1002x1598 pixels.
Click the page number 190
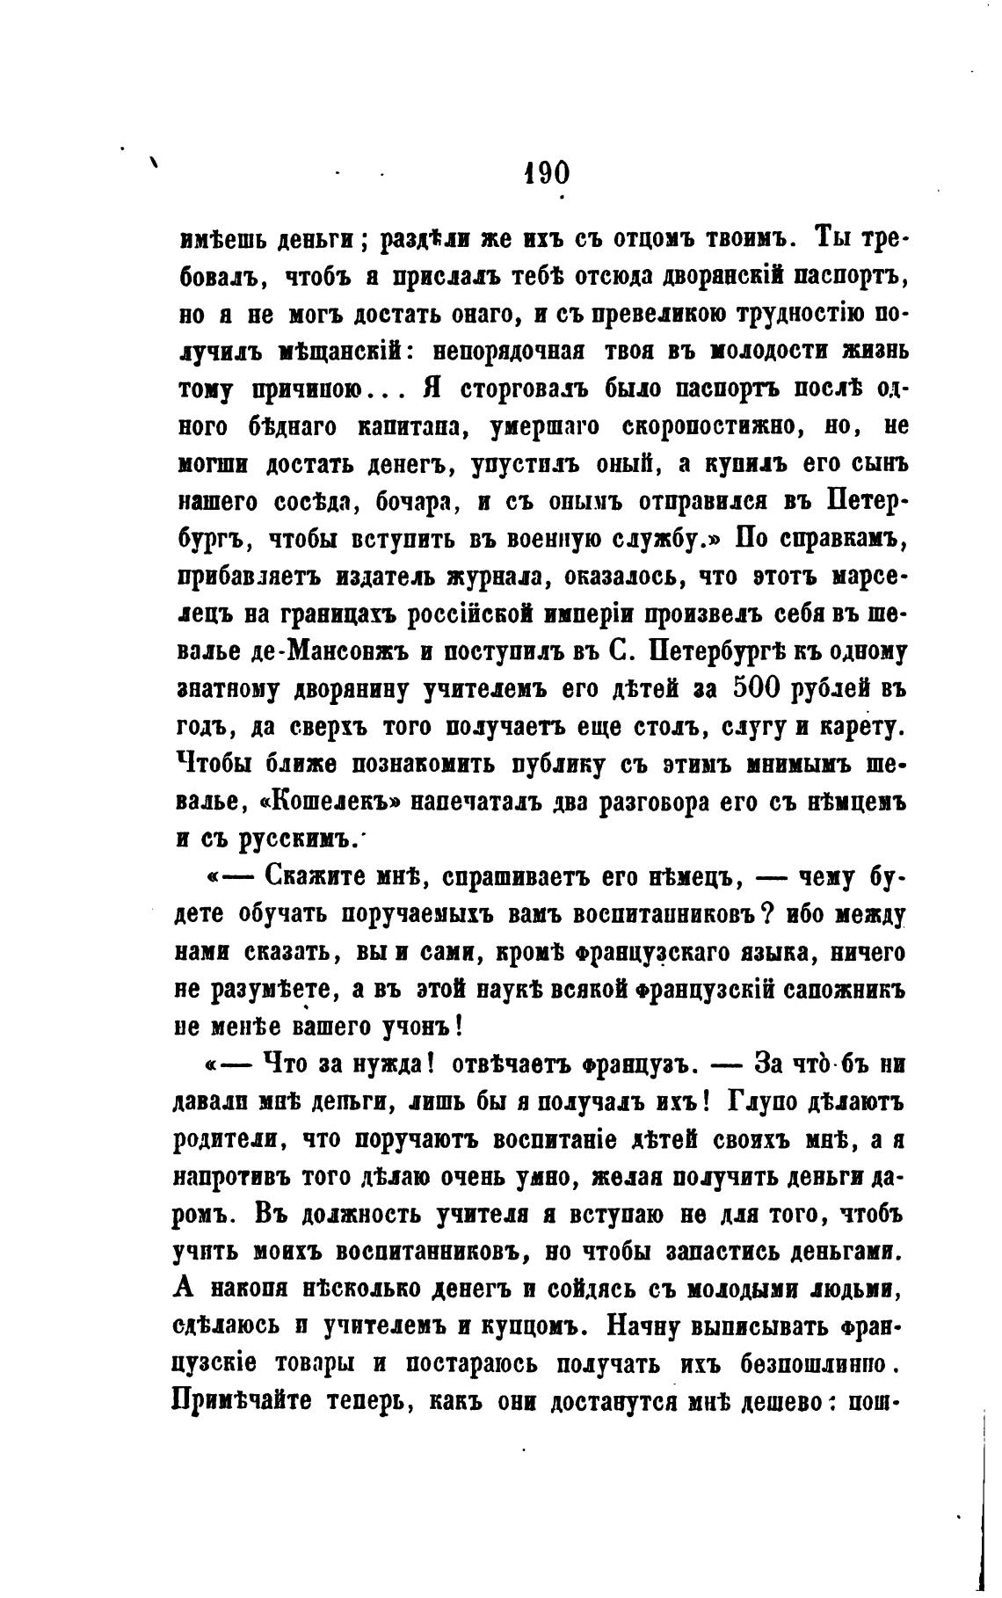(x=545, y=171)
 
